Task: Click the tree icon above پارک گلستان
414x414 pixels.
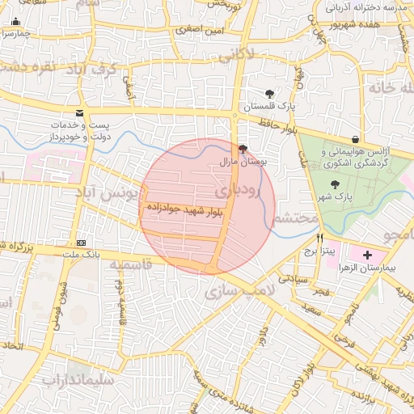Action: coord(269,94)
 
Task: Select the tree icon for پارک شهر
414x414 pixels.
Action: coord(336,184)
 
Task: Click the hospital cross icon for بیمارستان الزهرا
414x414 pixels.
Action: coord(368,255)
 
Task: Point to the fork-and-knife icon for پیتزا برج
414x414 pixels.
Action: coord(320,239)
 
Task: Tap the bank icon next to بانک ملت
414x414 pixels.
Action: coord(81,243)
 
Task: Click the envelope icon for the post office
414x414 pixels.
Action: coord(78,113)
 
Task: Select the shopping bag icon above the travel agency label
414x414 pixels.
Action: coord(356,139)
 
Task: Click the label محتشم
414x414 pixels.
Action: coord(292,218)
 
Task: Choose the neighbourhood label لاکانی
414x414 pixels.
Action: coord(235,55)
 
